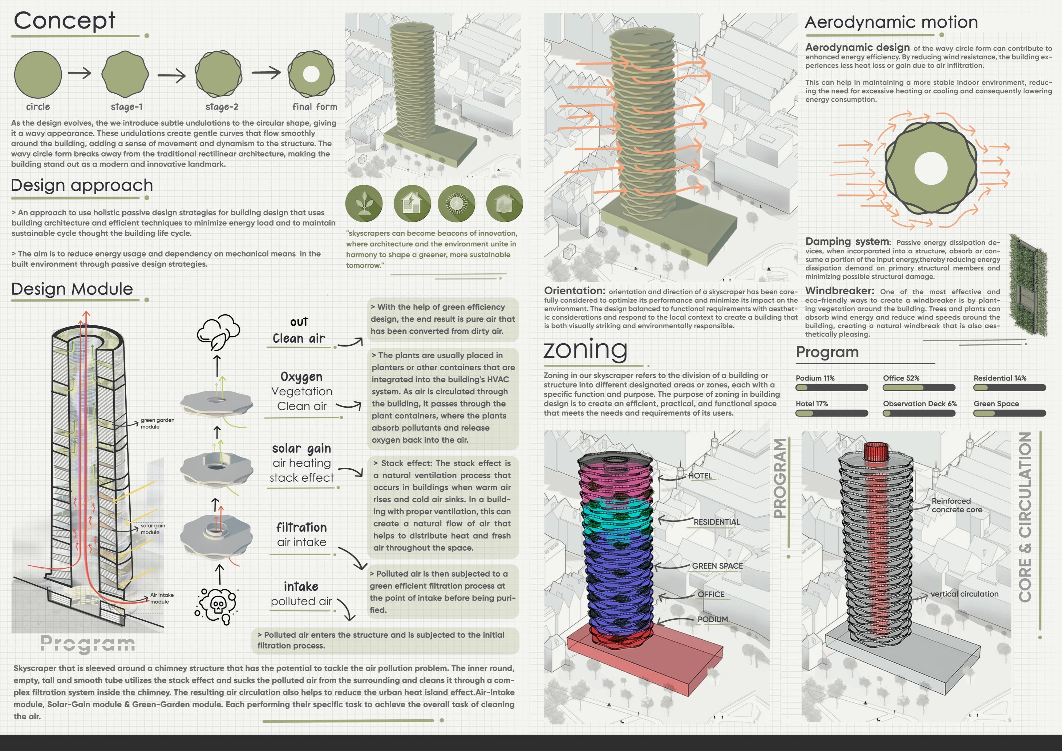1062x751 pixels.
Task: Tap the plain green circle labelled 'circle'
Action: (x=38, y=74)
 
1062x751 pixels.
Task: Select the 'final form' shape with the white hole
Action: (x=311, y=74)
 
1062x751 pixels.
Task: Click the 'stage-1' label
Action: (x=127, y=107)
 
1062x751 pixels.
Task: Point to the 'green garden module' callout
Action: (x=157, y=423)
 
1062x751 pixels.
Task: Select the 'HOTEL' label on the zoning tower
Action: (x=700, y=476)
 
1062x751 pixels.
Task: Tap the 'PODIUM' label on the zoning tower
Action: (x=712, y=619)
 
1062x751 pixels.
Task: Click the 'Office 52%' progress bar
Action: (x=919, y=387)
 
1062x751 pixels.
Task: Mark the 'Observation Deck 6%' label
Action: (x=920, y=404)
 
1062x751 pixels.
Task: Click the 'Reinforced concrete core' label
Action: (x=957, y=505)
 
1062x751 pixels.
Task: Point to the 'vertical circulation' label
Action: (x=964, y=594)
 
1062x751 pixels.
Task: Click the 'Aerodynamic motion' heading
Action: (x=891, y=22)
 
